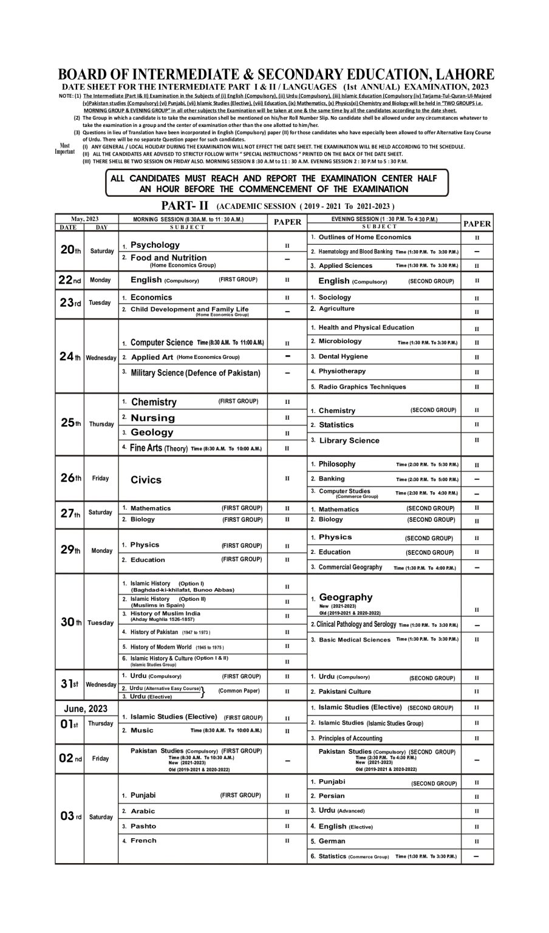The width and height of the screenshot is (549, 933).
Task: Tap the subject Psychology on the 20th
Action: (155, 245)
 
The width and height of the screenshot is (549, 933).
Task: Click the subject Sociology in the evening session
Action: (335, 298)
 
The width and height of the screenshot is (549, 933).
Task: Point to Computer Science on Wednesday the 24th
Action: (162, 343)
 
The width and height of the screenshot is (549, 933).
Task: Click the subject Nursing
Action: (152, 418)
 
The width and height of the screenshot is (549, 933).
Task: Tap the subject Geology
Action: (152, 432)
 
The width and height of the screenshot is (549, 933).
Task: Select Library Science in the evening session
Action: (349, 440)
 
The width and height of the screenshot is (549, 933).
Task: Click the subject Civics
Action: (146, 480)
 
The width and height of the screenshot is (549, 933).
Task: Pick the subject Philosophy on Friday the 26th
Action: (337, 464)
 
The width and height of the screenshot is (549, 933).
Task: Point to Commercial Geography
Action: (350, 567)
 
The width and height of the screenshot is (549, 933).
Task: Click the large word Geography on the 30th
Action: (346, 597)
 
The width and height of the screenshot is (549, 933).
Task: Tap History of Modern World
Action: (161, 647)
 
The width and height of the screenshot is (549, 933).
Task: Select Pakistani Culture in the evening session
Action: (344, 692)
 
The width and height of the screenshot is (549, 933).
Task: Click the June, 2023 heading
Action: (86, 709)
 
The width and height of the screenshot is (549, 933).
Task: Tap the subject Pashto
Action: (143, 826)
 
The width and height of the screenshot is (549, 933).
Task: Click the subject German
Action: (332, 841)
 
